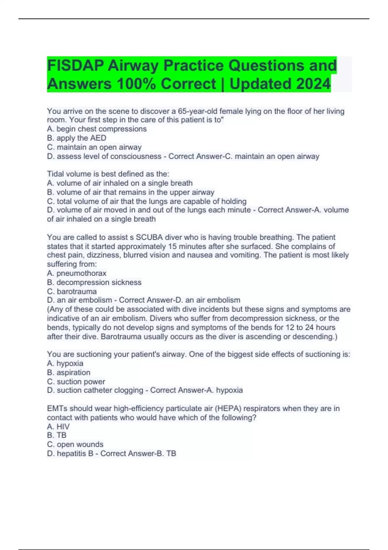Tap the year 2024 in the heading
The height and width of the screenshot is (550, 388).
point(313,84)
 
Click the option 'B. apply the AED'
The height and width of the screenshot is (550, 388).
point(77,138)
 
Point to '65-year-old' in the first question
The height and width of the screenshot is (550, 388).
point(198,111)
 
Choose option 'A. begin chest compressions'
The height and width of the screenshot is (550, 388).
point(97,129)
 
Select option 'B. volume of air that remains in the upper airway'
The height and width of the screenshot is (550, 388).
point(131,192)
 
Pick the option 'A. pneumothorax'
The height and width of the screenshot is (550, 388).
point(77,273)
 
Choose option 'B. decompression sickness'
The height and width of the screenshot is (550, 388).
point(94,282)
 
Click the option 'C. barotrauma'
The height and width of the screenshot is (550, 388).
point(72,291)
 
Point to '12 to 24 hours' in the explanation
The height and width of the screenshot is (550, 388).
point(310,327)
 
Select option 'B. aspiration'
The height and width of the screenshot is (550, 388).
point(69,372)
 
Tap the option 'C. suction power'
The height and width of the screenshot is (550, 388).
point(76,382)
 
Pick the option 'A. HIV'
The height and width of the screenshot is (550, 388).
point(58,427)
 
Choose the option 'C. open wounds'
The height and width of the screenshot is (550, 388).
point(75,445)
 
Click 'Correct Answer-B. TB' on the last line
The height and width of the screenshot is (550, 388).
point(138,454)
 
